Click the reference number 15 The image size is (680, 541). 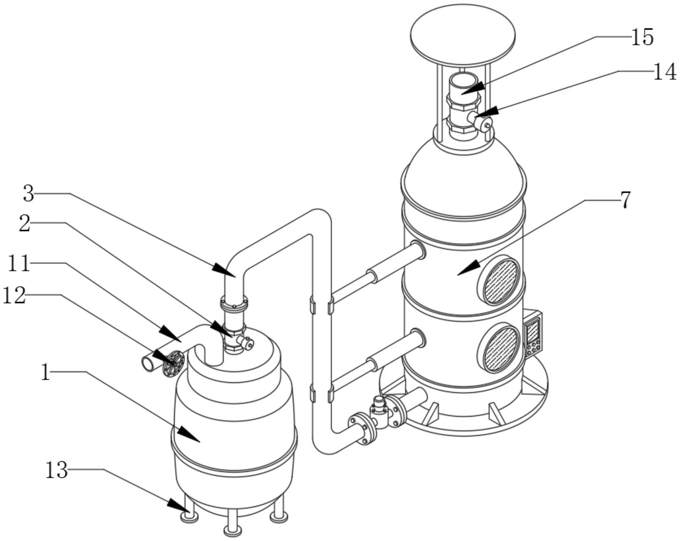(x=642, y=37)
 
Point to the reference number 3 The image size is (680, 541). (x=29, y=194)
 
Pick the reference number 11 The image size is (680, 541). (x=18, y=264)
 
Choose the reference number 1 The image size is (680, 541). (x=45, y=372)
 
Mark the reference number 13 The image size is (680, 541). (x=57, y=470)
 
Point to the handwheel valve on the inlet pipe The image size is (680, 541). (x=173, y=363)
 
